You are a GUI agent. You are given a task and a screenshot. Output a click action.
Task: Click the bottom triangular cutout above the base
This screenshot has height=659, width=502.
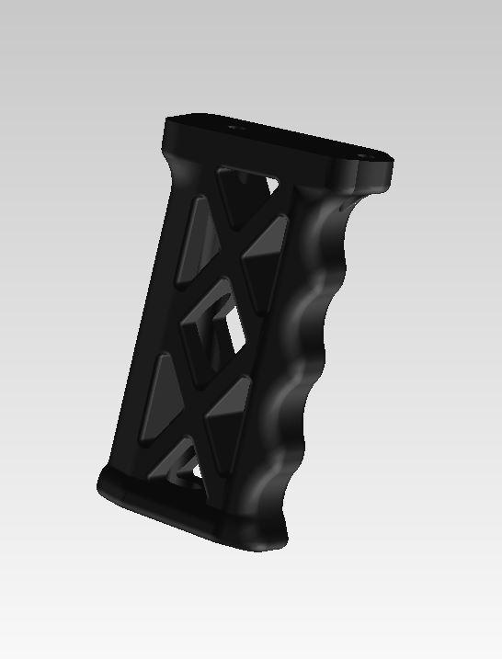184,464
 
